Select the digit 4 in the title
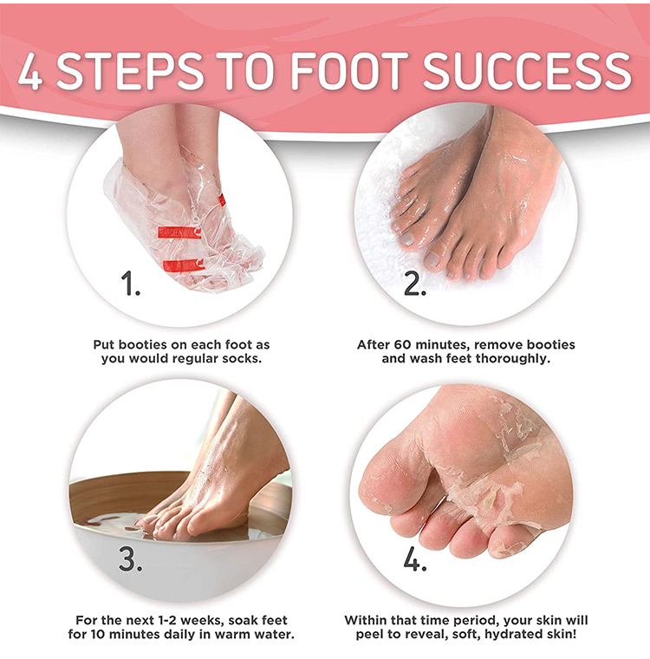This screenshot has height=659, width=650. pyautogui.click(x=29, y=71)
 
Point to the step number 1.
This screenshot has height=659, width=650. pyautogui.click(x=130, y=283)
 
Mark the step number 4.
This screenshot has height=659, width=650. pyautogui.click(x=415, y=558)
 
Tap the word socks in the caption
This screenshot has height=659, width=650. pyautogui.click(x=242, y=359)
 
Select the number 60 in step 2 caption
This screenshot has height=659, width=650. pyautogui.click(x=402, y=344)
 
